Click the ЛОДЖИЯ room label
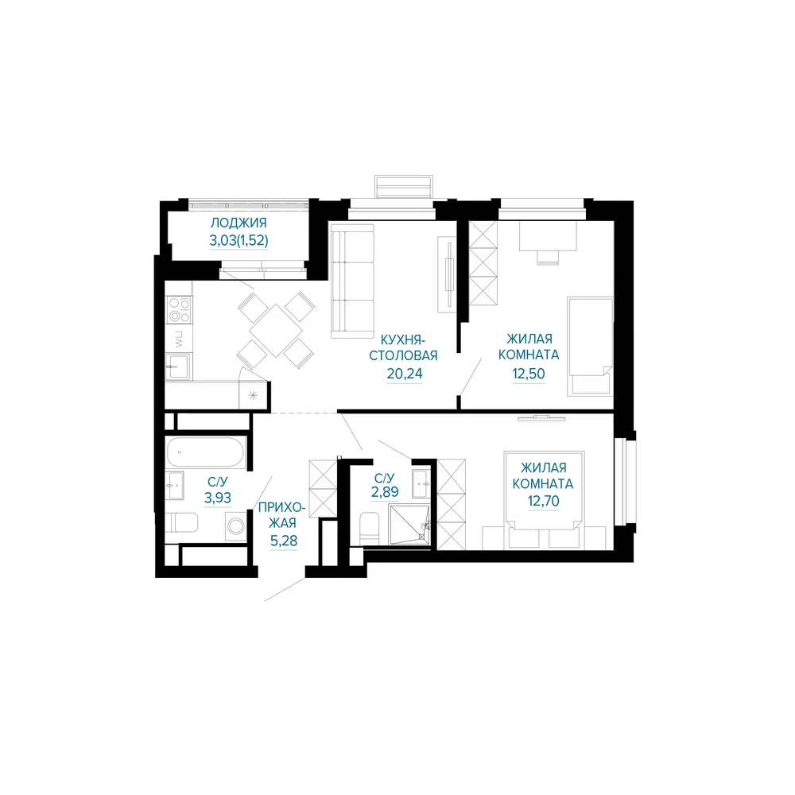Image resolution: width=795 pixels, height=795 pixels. tap(238, 223)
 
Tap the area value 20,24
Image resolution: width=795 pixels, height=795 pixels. tap(404, 374)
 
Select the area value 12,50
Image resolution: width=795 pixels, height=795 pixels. tap(529, 374)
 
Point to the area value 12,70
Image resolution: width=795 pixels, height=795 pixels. tap(544, 501)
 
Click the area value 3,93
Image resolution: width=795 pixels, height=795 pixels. tap(218, 498)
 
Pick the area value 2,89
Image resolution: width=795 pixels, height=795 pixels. tap(385, 491)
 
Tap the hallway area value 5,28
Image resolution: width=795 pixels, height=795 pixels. tap(284, 541)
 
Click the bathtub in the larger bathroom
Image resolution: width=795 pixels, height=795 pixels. tap(207, 452)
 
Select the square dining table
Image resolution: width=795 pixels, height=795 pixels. tap(277, 331)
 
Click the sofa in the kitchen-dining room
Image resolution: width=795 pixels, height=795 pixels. tap(352, 281)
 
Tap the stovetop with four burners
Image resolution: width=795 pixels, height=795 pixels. tap(180, 310)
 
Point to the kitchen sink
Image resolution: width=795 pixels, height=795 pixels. tap(178, 366)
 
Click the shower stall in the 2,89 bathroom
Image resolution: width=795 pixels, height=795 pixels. tap(409, 525)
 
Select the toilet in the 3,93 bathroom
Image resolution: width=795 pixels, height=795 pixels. tap(181, 523)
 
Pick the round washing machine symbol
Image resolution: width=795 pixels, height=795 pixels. tap(236, 526)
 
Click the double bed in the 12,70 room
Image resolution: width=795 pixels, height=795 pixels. tap(544, 500)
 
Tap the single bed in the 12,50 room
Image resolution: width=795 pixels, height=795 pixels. tap(590, 347)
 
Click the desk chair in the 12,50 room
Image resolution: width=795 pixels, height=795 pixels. tap(549, 257)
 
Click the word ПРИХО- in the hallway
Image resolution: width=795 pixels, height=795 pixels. tap(282, 507)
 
